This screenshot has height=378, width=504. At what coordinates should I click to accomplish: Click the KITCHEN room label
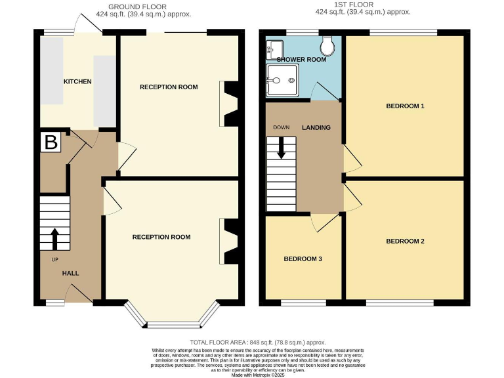click(x=77, y=81)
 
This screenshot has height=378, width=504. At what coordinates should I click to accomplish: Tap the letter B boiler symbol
click(x=49, y=142)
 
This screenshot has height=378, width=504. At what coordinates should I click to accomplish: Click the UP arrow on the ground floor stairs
click(x=54, y=238)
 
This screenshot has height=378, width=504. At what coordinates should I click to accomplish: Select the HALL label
click(x=71, y=272)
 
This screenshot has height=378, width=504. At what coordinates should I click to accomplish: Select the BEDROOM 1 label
click(x=405, y=106)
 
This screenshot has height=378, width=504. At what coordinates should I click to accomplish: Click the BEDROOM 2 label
click(x=405, y=241)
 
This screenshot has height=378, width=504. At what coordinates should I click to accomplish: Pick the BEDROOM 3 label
click(x=303, y=259)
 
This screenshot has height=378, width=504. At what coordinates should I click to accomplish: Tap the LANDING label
click(x=316, y=127)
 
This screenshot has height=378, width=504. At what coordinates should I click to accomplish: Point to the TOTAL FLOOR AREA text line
click(x=258, y=342)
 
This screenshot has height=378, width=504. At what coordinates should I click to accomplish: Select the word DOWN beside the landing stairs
click(x=282, y=127)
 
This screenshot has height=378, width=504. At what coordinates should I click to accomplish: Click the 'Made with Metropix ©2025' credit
click(x=258, y=374)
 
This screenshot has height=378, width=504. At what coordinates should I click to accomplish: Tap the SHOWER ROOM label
click(x=301, y=60)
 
